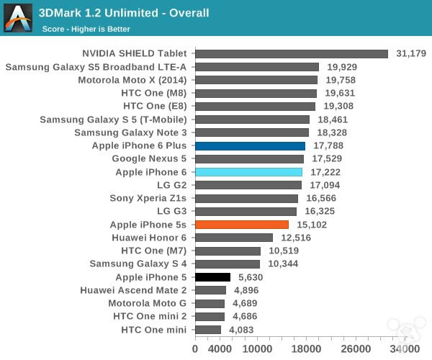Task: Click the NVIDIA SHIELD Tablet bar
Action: click(x=292, y=53)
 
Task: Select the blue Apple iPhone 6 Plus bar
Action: click(x=250, y=145)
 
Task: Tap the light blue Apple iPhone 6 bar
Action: click(x=248, y=172)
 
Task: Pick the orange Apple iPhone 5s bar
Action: click(x=242, y=225)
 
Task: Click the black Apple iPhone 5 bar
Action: click(x=212, y=277)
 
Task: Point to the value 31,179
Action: click(x=411, y=53)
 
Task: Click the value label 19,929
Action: click(x=341, y=67)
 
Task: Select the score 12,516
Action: click(x=295, y=238)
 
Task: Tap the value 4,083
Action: click(x=243, y=330)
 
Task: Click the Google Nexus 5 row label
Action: click(x=149, y=158)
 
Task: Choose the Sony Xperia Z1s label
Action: click(x=148, y=198)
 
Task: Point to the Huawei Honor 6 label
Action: click(x=149, y=238)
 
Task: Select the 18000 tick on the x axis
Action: click(x=307, y=348)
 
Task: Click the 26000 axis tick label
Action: click(x=356, y=348)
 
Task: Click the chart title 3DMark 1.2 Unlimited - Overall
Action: click(x=123, y=12)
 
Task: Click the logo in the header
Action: click(x=17, y=17)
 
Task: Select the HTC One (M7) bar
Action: click(x=228, y=251)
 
